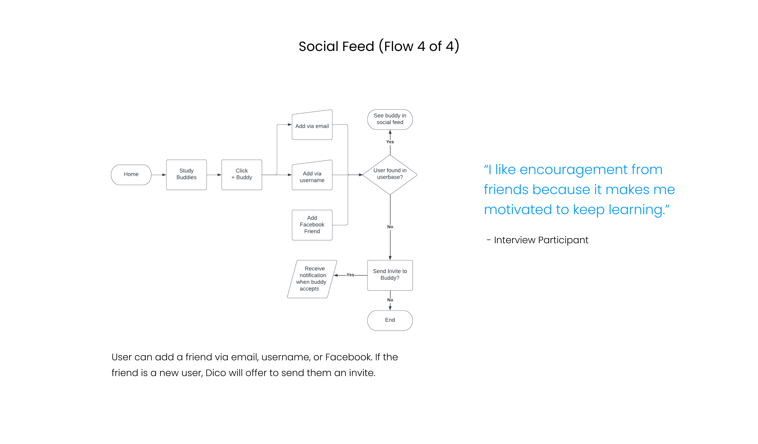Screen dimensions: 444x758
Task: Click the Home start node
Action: [x=131, y=175]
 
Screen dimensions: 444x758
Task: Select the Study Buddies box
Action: [x=186, y=175]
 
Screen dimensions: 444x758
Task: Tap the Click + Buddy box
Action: [x=242, y=175]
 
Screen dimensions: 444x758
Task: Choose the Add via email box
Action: [x=312, y=126]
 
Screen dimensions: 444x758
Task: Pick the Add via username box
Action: [x=312, y=177]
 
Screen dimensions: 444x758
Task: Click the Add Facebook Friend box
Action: [x=312, y=225]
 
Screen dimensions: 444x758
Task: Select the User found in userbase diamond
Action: [x=390, y=174]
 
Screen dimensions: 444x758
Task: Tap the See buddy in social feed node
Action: [x=390, y=119]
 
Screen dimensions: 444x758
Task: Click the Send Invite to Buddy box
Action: [x=390, y=275]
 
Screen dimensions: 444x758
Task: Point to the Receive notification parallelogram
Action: [x=312, y=279]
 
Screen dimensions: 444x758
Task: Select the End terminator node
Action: [x=390, y=320]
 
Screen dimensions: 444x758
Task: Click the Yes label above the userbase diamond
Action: [x=390, y=142]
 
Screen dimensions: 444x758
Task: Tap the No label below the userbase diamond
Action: [x=390, y=227]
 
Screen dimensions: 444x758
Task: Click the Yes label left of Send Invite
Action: [x=350, y=275]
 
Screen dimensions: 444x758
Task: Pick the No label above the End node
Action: [x=390, y=300]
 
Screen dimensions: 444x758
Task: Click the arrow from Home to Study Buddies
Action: [x=159, y=175]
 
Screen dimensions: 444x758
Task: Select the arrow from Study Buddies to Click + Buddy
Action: [x=214, y=175]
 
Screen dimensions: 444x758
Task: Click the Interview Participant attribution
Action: [x=541, y=240]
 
